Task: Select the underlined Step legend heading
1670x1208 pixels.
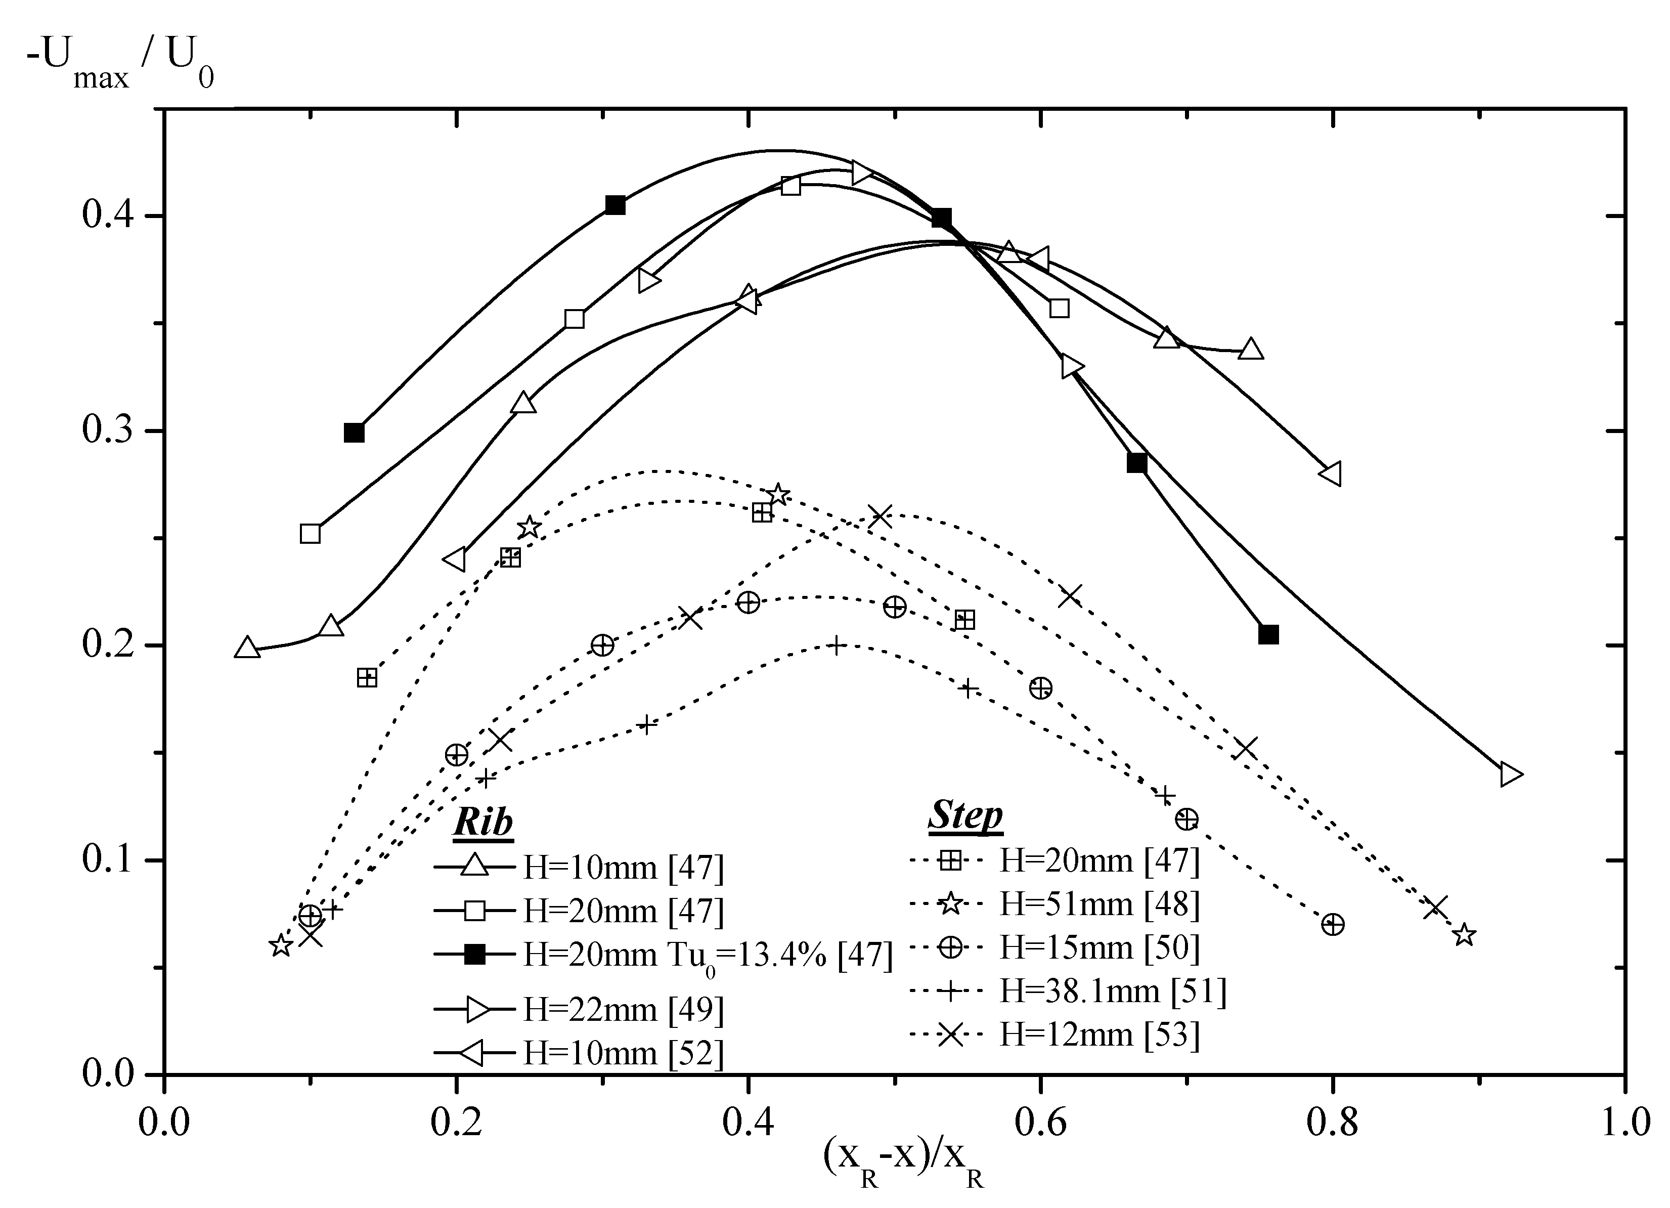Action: coord(964,815)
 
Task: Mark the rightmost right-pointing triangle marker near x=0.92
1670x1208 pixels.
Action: coord(1510,774)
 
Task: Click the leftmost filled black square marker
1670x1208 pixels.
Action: coord(354,433)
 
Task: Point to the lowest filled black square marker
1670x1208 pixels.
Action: coord(1268,634)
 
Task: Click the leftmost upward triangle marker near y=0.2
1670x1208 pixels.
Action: coord(247,648)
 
